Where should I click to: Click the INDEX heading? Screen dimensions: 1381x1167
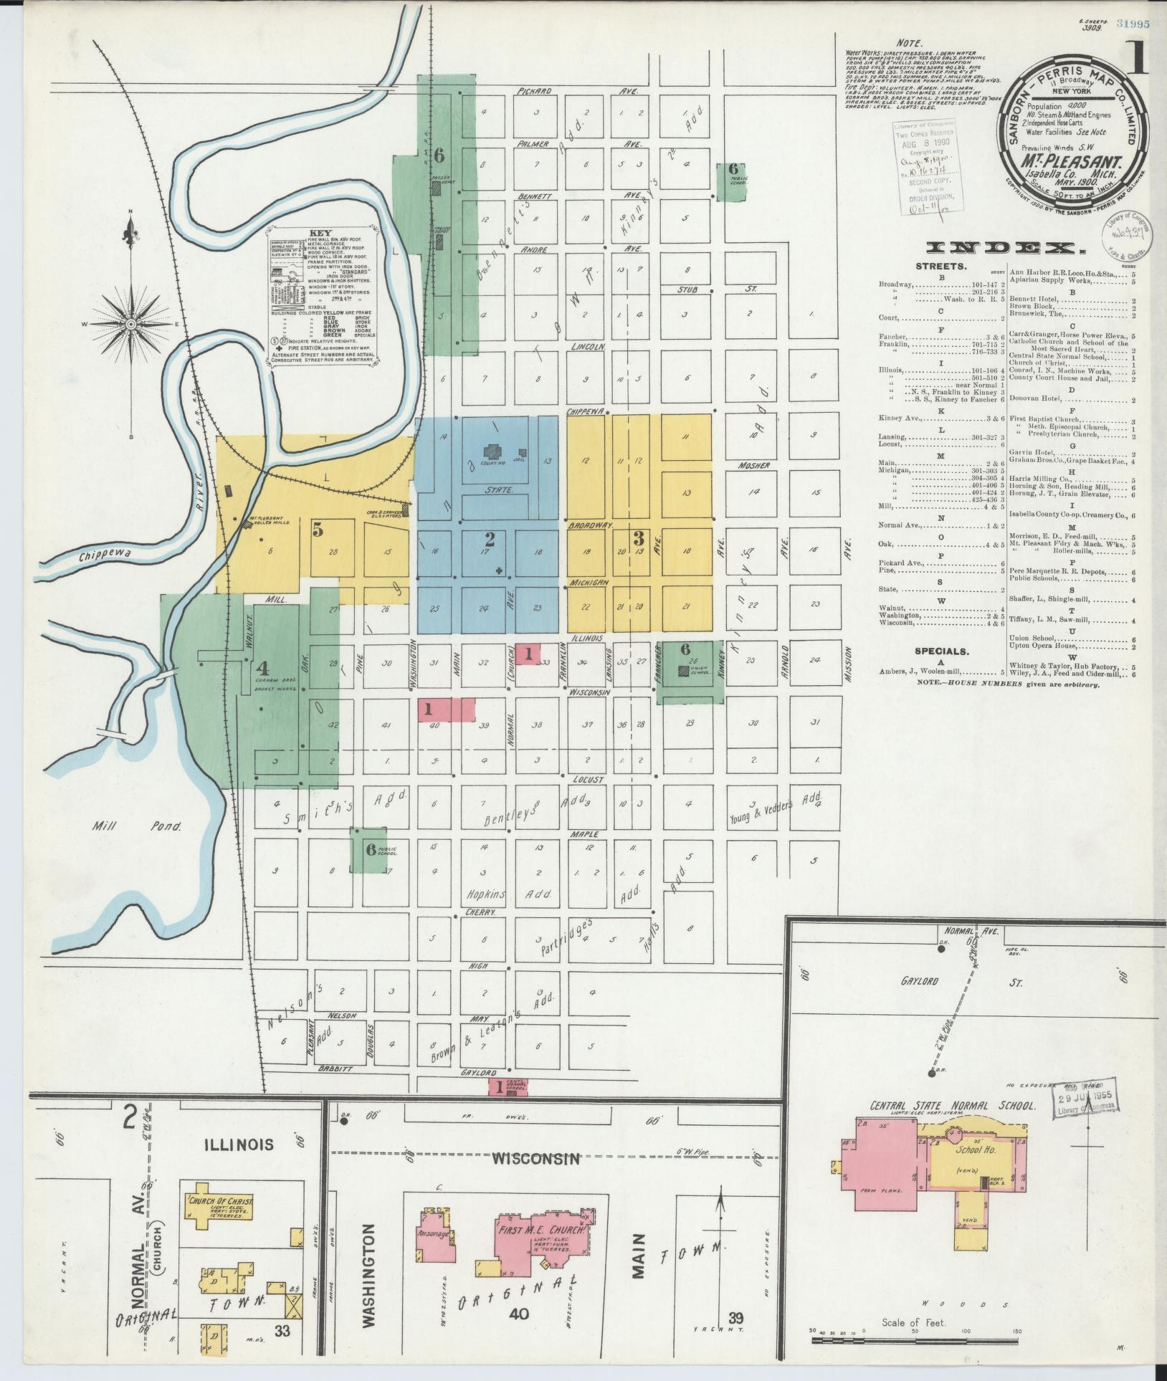click(x=1004, y=248)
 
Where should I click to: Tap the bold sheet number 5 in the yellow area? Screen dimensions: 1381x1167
click(x=318, y=530)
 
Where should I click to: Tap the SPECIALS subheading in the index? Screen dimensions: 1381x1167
click(x=941, y=651)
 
